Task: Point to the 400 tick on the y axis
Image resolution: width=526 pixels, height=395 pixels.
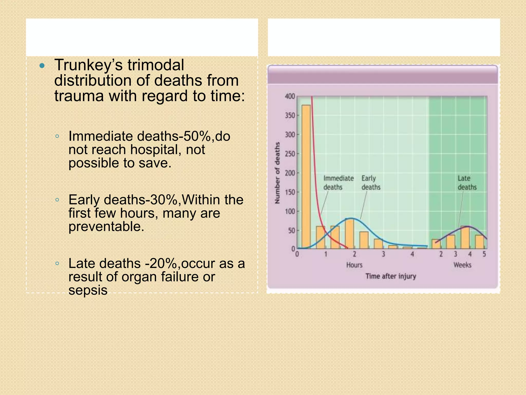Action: pyautogui.click(x=290, y=96)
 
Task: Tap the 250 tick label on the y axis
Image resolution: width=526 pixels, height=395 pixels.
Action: pyautogui.click(x=290, y=154)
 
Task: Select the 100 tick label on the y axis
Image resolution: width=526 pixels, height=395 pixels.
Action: pyautogui.click(x=290, y=211)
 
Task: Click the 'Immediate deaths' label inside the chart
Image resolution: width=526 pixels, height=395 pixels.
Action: pyautogui.click(x=338, y=183)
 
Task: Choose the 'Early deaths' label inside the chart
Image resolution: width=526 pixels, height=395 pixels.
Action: pyautogui.click(x=371, y=183)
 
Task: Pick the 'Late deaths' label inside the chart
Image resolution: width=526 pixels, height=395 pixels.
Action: pyautogui.click(x=467, y=183)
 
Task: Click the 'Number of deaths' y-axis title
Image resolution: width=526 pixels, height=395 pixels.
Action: pyautogui.click(x=277, y=173)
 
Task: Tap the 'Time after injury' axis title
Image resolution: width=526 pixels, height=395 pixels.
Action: pyautogui.click(x=391, y=276)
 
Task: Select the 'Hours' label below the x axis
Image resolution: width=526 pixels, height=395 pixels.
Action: pyautogui.click(x=354, y=265)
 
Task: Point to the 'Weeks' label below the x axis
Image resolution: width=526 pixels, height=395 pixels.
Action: pyautogui.click(x=462, y=265)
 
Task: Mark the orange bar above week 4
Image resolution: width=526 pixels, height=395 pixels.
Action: pyautogui.click(x=465, y=237)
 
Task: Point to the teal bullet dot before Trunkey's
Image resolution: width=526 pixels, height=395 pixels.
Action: pyautogui.click(x=42, y=66)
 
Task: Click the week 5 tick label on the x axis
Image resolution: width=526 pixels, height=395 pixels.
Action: pyautogui.click(x=484, y=254)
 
